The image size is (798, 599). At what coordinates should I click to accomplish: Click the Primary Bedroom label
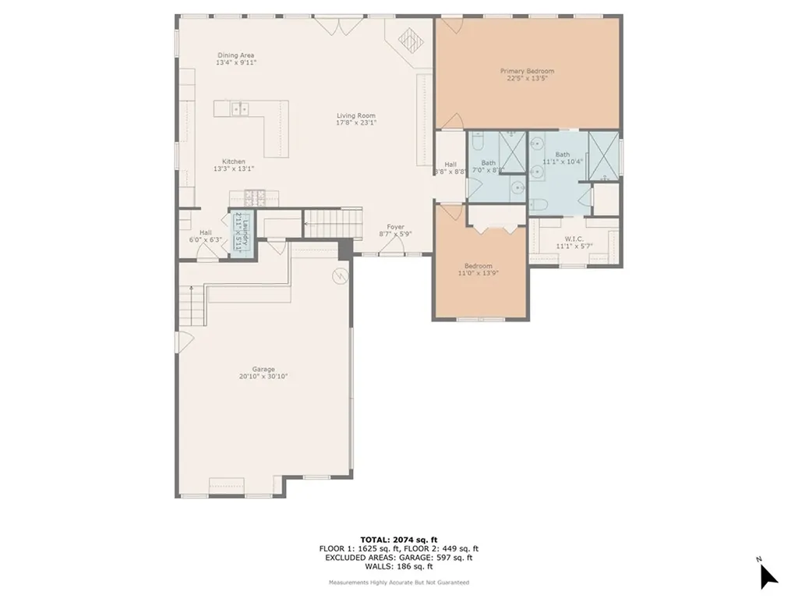(x=527, y=71)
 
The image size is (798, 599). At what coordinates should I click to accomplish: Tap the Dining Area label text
(x=236, y=55)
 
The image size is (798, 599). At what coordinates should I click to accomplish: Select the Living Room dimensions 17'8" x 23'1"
(x=356, y=122)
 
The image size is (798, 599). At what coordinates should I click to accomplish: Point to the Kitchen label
(x=234, y=161)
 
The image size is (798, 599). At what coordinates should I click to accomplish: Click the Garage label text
(x=263, y=369)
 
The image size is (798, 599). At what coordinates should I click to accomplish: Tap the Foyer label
(x=395, y=226)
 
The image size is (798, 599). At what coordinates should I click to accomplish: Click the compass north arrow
(x=768, y=575)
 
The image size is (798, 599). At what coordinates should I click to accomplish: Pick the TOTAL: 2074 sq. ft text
(x=399, y=539)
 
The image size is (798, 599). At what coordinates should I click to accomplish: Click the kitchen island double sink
(x=239, y=109)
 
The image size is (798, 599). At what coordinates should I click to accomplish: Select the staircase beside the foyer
(x=333, y=224)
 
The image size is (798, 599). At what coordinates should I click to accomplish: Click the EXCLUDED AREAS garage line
(x=399, y=558)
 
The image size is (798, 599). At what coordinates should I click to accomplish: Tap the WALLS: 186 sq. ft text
(x=399, y=567)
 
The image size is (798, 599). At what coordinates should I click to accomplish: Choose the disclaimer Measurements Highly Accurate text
(x=399, y=583)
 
